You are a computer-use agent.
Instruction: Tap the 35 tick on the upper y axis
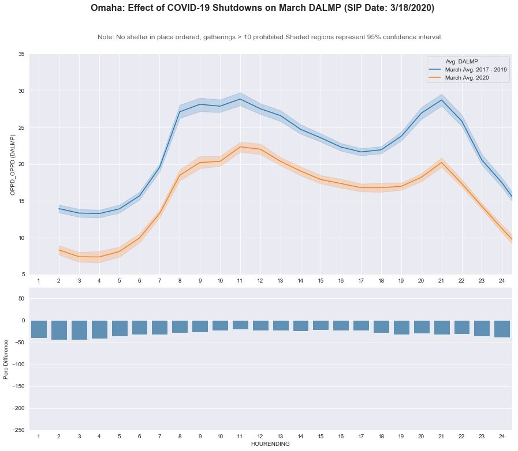pos(21,54)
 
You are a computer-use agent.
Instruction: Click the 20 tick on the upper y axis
pos(21,164)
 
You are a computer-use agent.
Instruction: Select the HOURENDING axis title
pos(270,444)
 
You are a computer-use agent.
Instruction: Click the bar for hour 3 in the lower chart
pos(79,330)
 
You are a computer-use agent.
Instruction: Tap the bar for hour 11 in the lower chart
pos(240,325)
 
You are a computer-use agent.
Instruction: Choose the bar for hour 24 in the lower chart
pos(502,329)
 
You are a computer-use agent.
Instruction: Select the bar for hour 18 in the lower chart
pos(381,326)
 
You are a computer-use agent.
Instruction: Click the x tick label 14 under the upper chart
pos(300,280)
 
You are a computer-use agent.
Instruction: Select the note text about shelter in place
pos(270,37)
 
